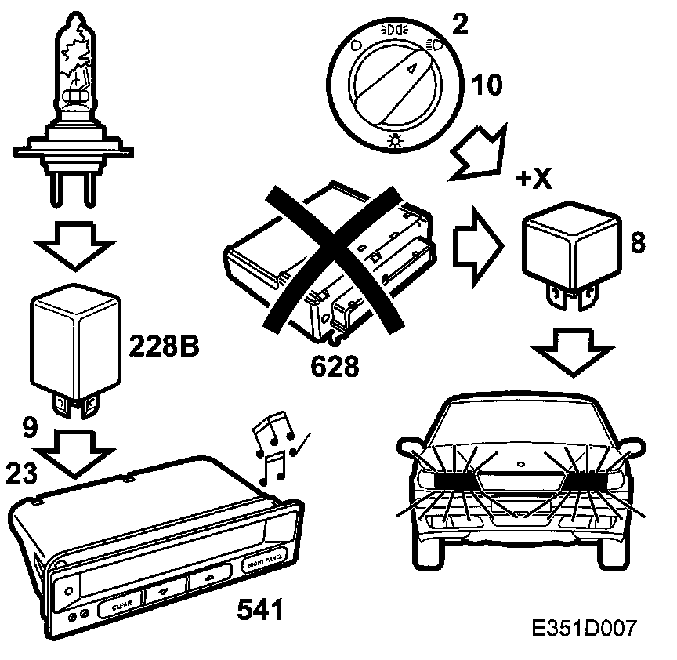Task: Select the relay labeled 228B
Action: click(x=77, y=340)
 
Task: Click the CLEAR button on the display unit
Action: click(x=120, y=604)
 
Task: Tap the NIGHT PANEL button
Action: click(x=264, y=560)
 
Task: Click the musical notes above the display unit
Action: click(x=275, y=447)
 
